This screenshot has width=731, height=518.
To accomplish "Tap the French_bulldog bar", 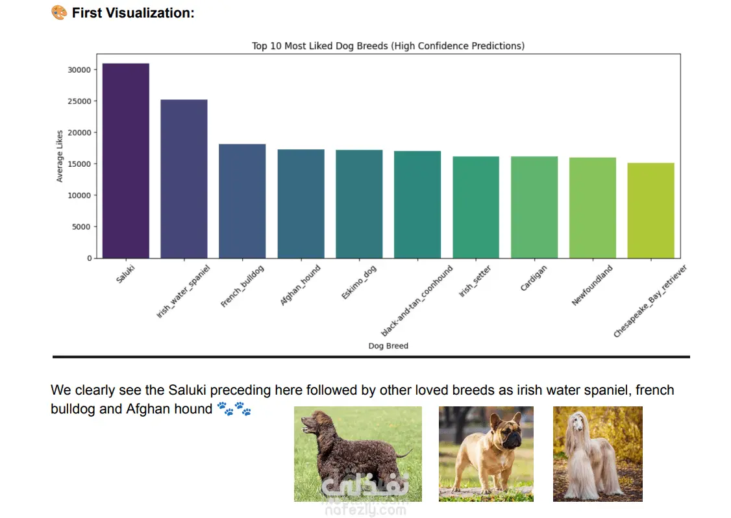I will (242, 201).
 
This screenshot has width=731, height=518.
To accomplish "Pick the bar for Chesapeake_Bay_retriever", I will (650, 210).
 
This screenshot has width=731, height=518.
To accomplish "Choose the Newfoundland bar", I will (592, 208).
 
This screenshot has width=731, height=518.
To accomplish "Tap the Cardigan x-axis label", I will (534, 277).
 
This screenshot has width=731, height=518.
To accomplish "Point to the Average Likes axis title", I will (60, 156).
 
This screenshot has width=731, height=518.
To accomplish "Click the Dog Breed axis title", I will (388, 346).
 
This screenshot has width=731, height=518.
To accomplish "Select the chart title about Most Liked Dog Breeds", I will (388, 46).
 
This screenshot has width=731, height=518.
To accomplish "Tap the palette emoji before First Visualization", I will (58, 12).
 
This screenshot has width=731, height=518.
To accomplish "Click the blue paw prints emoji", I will (234, 409).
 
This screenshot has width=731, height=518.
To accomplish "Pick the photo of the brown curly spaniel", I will (358, 454).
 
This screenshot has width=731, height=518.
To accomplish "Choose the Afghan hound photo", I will (597, 454).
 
